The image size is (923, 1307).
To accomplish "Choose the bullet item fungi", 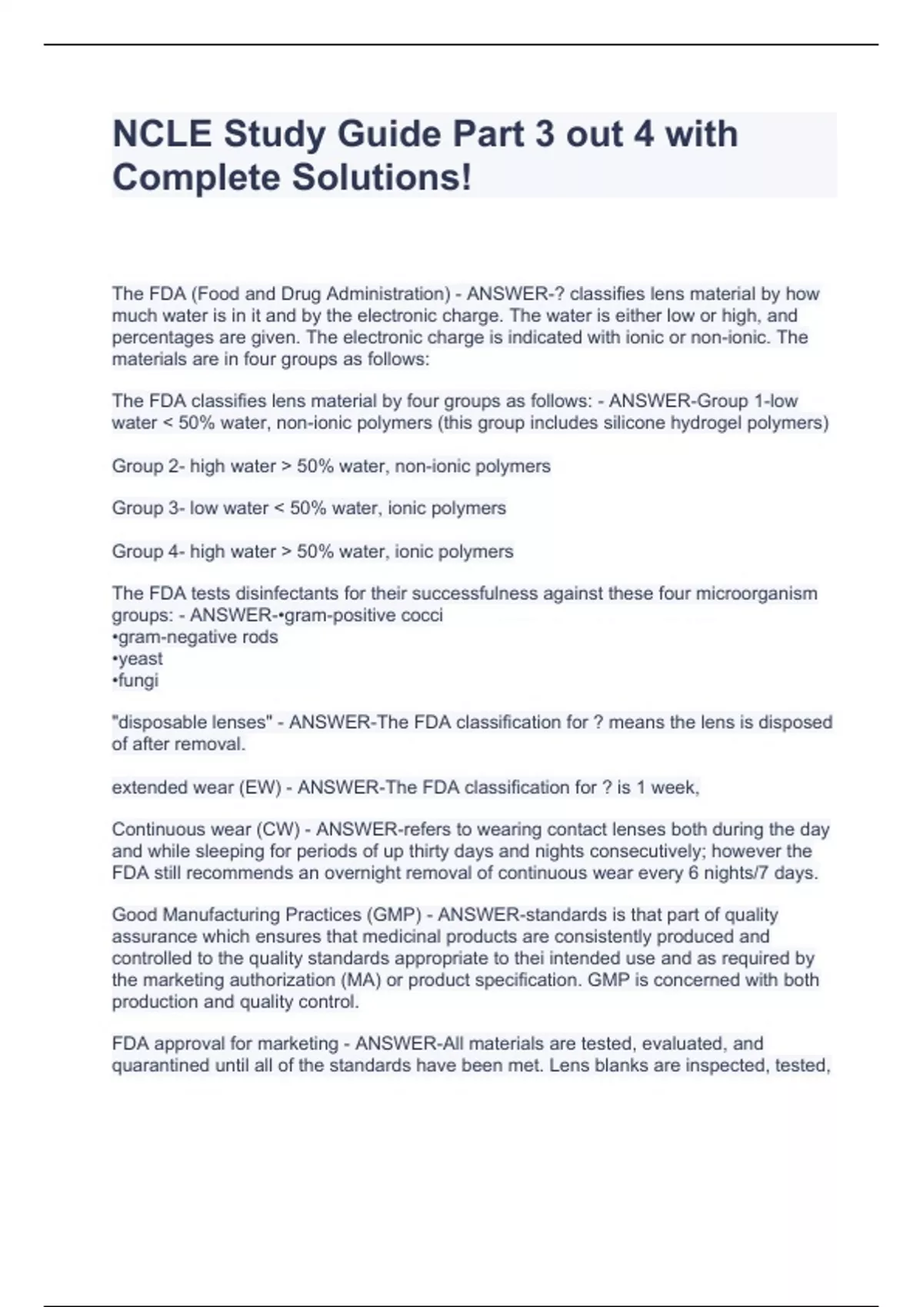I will [138, 680].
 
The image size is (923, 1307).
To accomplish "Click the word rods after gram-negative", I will [260, 637].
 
